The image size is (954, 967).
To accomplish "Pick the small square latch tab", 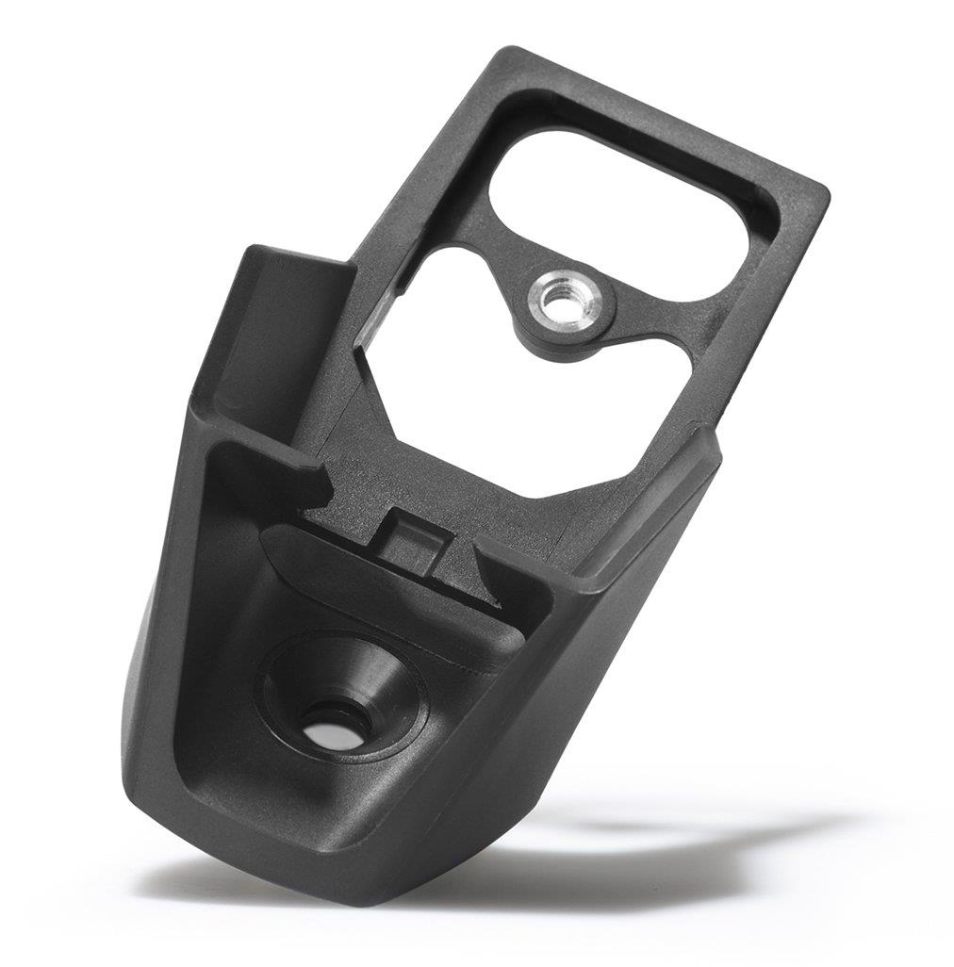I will click(413, 542).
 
